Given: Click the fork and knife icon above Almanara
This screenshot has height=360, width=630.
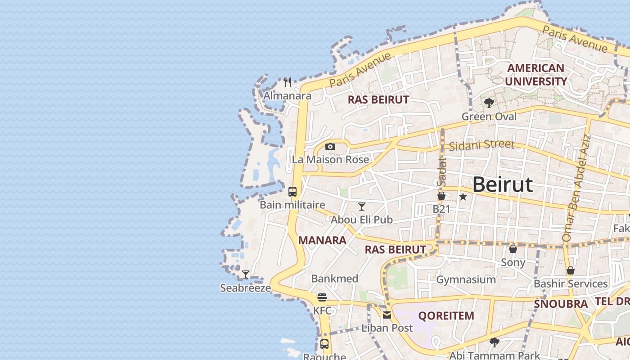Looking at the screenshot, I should [288, 82].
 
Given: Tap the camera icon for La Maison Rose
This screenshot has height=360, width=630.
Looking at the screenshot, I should [330, 146].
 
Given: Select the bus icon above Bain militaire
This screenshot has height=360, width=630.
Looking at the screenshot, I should [292, 192].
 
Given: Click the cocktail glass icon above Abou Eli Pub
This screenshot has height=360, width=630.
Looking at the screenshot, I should [362, 207].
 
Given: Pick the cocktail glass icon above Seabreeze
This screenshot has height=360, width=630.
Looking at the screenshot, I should [246, 274].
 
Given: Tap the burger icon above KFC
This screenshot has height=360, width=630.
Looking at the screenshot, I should [322, 297].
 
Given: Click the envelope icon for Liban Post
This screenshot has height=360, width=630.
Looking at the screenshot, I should [387, 315].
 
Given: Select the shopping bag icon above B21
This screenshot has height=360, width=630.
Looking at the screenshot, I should [441, 196].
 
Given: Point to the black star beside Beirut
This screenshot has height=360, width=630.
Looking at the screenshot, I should [463, 197].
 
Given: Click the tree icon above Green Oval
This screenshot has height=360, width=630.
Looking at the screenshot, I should [489, 103].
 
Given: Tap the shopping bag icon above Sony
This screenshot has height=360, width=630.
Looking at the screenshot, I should [513, 249].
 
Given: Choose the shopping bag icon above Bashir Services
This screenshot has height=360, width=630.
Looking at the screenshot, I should [571, 270].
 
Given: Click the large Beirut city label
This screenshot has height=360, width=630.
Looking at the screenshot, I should [503, 184].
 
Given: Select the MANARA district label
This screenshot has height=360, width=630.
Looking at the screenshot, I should [322, 240].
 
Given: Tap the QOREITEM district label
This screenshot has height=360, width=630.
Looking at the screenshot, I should [446, 315].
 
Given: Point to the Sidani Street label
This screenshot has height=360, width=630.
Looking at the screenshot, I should [481, 144].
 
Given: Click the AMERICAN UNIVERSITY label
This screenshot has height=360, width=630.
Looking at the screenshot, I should [535, 75].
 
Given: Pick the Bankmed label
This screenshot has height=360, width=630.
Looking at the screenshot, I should [335, 279].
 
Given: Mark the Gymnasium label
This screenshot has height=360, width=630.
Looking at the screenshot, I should [466, 279].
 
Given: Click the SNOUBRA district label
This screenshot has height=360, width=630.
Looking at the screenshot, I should [561, 304].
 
